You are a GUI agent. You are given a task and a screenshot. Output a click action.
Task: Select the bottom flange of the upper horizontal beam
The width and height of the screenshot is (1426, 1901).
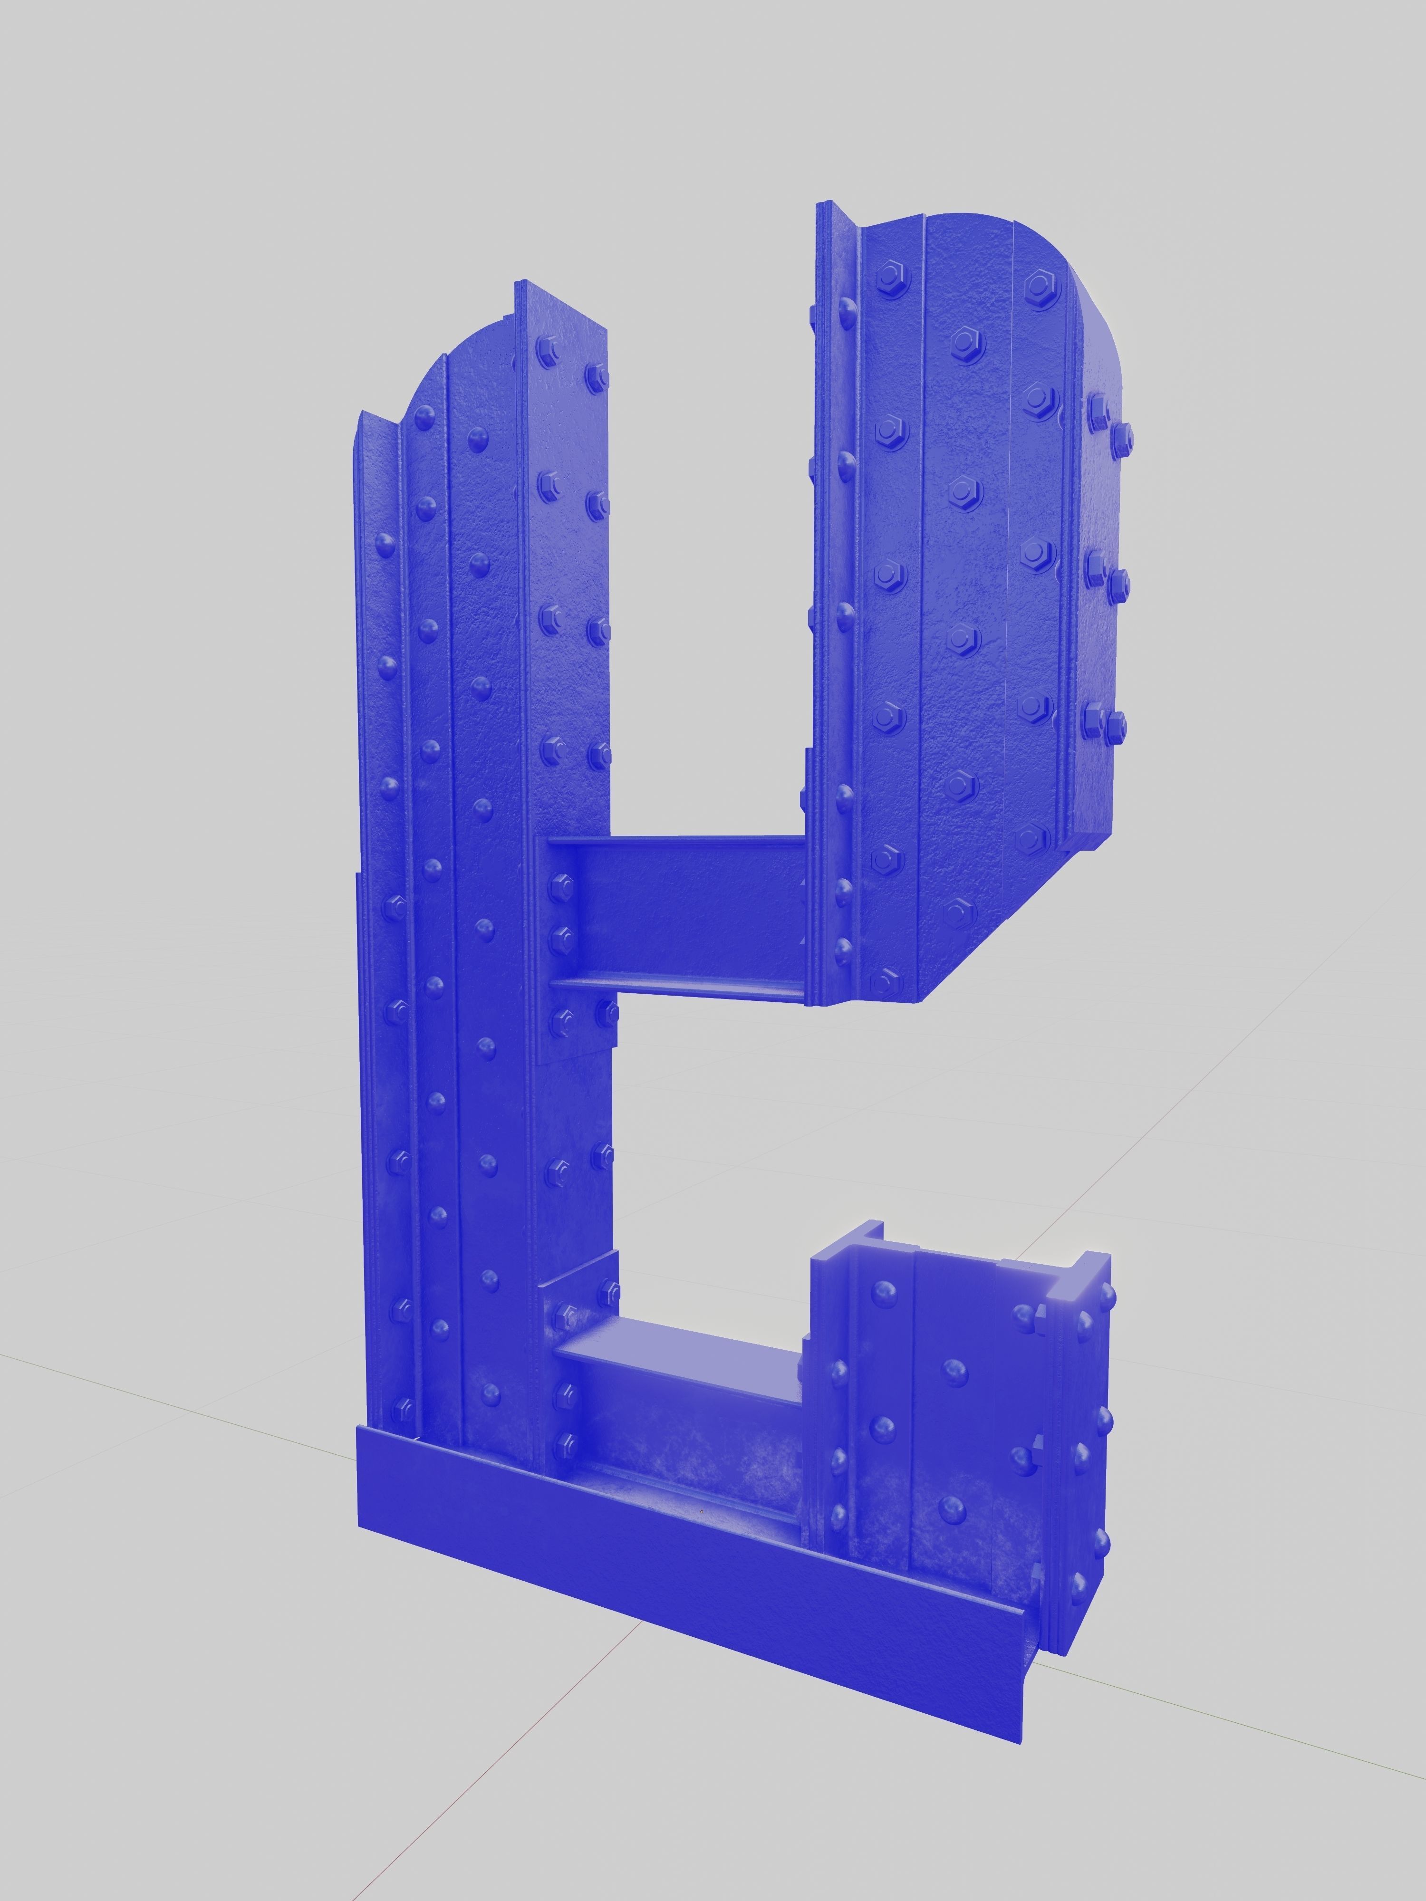pyautogui.click(x=679, y=987)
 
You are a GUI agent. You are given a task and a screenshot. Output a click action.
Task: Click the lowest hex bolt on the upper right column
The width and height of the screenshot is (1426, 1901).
pyautogui.click(x=886, y=979)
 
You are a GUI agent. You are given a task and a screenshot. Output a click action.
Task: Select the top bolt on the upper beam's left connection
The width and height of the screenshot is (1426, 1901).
pyautogui.click(x=563, y=883)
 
